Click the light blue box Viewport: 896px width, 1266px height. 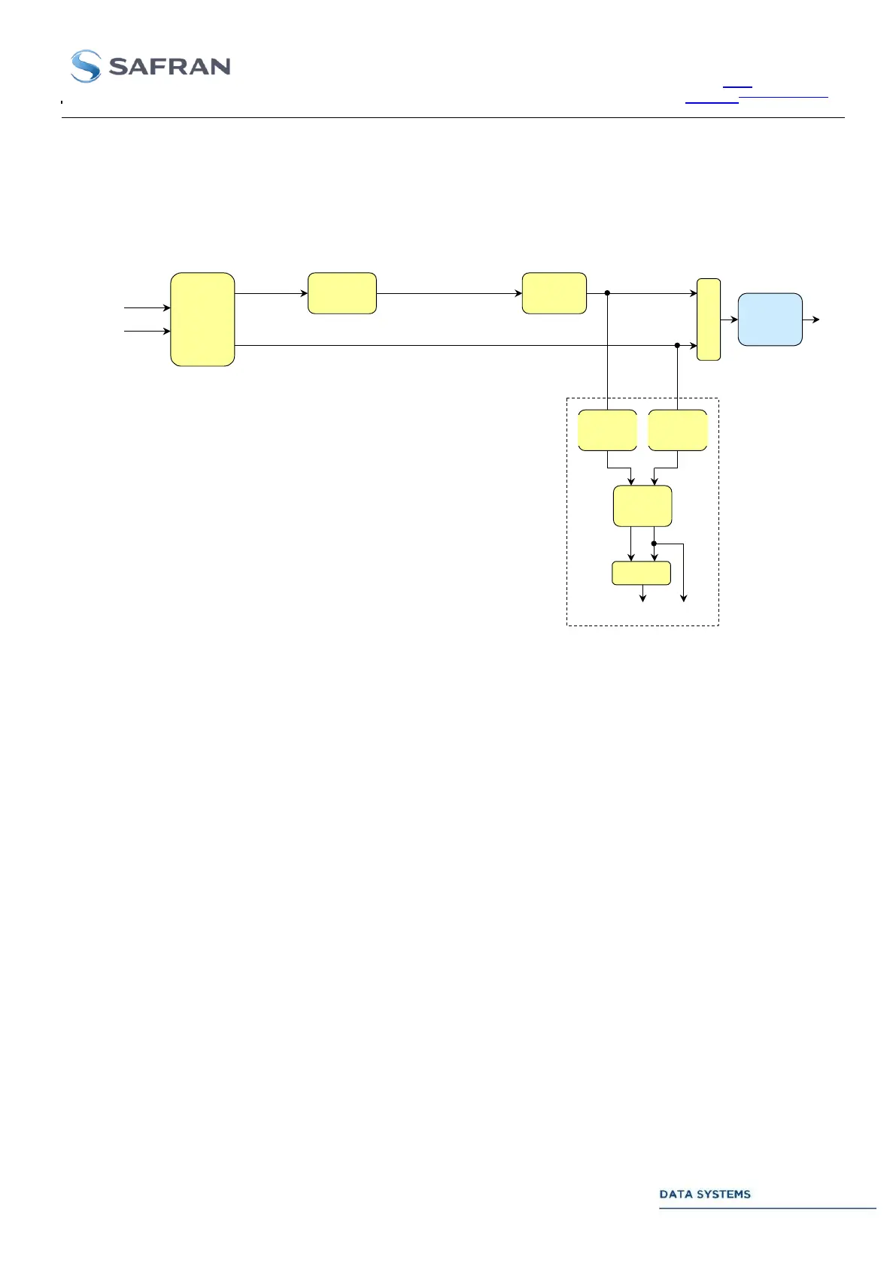tap(770, 320)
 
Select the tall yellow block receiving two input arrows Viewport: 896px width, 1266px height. tap(202, 320)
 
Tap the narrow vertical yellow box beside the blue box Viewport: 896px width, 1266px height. tap(709, 320)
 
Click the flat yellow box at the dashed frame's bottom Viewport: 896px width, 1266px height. tap(641, 573)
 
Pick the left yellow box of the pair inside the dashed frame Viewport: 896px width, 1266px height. tap(607, 430)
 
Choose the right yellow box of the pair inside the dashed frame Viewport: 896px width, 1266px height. tap(677, 430)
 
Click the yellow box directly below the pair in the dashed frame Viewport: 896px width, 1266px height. tap(642, 506)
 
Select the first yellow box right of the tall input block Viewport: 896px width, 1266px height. tap(342, 293)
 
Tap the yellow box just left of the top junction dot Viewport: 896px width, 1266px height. tap(554, 293)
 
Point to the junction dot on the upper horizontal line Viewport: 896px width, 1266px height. tap(607, 293)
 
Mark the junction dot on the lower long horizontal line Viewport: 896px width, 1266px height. tap(677, 346)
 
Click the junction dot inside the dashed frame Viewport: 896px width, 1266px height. tap(655, 544)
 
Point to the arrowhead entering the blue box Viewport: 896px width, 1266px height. tap(734, 320)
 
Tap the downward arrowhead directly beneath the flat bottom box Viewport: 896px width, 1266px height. tap(642, 598)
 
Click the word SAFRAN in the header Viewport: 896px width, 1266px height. tap(170, 67)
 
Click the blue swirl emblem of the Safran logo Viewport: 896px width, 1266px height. tap(86, 66)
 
